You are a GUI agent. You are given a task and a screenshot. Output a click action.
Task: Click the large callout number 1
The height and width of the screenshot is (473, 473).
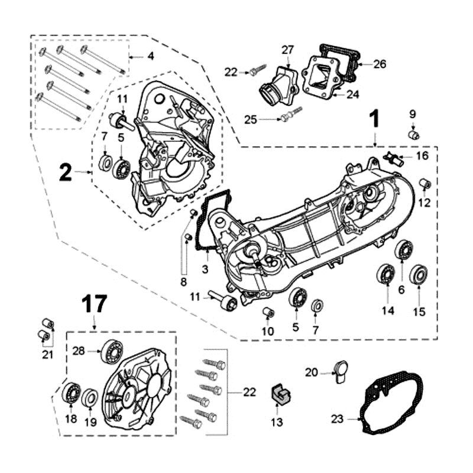tap(374, 120)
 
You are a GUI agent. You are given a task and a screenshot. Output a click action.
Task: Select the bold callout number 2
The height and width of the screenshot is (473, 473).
tap(66, 172)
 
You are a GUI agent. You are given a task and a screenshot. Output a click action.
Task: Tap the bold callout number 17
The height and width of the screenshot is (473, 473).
tap(94, 304)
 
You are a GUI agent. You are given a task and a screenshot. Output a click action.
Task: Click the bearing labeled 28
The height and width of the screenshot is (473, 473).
tap(111, 352)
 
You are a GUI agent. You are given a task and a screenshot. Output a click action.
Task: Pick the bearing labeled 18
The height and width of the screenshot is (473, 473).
tap(72, 393)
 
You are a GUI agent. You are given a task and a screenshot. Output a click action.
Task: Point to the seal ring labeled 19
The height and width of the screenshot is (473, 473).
tap(90, 398)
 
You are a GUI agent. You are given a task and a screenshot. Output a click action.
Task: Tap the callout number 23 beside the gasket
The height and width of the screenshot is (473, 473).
tap(337, 419)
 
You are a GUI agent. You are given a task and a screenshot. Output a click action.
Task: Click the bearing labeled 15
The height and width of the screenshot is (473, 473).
tap(419, 275)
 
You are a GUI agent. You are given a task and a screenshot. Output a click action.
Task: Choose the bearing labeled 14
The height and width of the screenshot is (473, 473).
tap(387, 275)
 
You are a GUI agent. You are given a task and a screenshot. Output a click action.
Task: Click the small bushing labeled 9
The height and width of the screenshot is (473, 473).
tap(414, 135)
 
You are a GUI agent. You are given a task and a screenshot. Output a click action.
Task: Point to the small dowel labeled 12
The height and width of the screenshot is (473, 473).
tap(424, 183)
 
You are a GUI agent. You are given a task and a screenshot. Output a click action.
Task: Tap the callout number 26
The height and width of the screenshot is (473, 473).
tap(380, 64)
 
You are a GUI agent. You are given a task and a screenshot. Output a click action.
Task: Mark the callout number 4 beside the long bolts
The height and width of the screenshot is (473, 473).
tap(150, 56)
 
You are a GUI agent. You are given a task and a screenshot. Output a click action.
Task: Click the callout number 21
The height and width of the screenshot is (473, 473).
tap(48, 355)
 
